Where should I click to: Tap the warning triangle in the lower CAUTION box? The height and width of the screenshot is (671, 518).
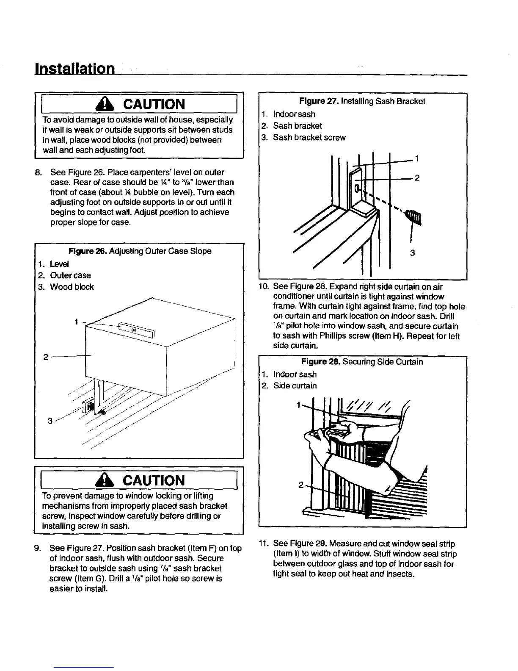click(x=110, y=480)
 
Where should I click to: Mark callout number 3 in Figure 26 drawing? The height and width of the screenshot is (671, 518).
click(x=50, y=421)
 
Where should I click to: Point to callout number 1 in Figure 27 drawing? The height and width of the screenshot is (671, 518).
click(x=417, y=159)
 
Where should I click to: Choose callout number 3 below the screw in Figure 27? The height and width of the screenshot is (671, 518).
click(x=413, y=253)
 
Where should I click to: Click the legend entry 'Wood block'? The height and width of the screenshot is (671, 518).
click(x=72, y=287)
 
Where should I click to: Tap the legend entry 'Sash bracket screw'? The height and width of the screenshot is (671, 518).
click(x=309, y=138)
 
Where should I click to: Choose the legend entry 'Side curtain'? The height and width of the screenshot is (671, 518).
click(x=295, y=385)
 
